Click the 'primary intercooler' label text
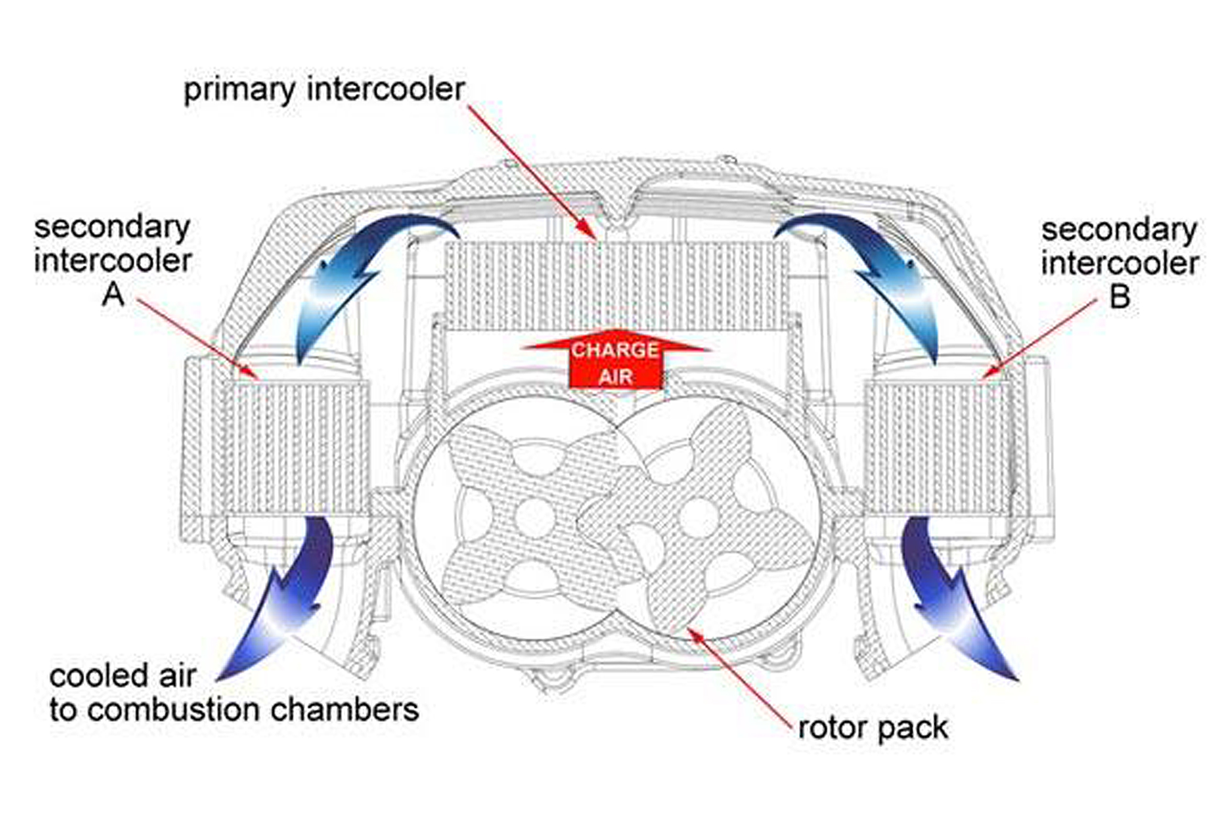(324, 90)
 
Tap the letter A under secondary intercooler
(112, 294)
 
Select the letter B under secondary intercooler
(1119, 297)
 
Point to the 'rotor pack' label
(873, 728)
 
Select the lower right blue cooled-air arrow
(951, 598)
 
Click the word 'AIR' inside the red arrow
(616, 377)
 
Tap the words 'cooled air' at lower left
(123, 677)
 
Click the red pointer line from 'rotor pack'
(742, 676)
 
